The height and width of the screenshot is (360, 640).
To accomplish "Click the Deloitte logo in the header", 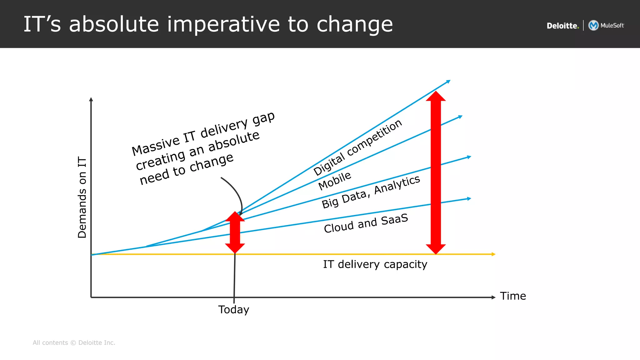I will [x=562, y=26].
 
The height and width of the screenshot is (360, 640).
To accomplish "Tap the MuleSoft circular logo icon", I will [x=593, y=25].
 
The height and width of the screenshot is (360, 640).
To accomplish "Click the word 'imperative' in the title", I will [x=223, y=24].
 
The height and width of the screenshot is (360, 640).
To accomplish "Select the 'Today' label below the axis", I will [x=233, y=310].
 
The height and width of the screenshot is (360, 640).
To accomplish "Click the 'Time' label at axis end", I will [x=513, y=296].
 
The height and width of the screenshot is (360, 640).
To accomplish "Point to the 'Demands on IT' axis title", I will [x=82, y=197].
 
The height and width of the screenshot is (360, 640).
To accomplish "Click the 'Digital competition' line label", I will [x=357, y=147].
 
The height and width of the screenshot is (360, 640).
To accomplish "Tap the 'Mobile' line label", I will [x=335, y=181].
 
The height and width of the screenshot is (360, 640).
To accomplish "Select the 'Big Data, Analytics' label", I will [x=371, y=192].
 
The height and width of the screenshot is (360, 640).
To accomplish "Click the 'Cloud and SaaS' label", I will [x=366, y=223].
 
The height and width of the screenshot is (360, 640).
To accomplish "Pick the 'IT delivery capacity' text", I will [x=375, y=264].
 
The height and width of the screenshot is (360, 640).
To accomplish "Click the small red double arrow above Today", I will [x=235, y=232].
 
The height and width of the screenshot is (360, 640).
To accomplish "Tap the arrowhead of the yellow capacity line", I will [x=493, y=254].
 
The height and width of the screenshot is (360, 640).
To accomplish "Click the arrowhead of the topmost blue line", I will [x=448, y=82].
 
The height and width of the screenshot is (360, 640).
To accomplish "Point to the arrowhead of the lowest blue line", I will [x=469, y=198].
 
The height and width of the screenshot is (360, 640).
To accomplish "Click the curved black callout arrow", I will [x=236, y=191].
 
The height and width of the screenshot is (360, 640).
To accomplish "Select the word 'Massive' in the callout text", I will [x=155, y=146].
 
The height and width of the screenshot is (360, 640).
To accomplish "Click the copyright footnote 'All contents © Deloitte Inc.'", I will [x=74, y=343].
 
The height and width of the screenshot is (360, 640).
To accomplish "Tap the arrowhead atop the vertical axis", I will [x=91, y=99].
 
